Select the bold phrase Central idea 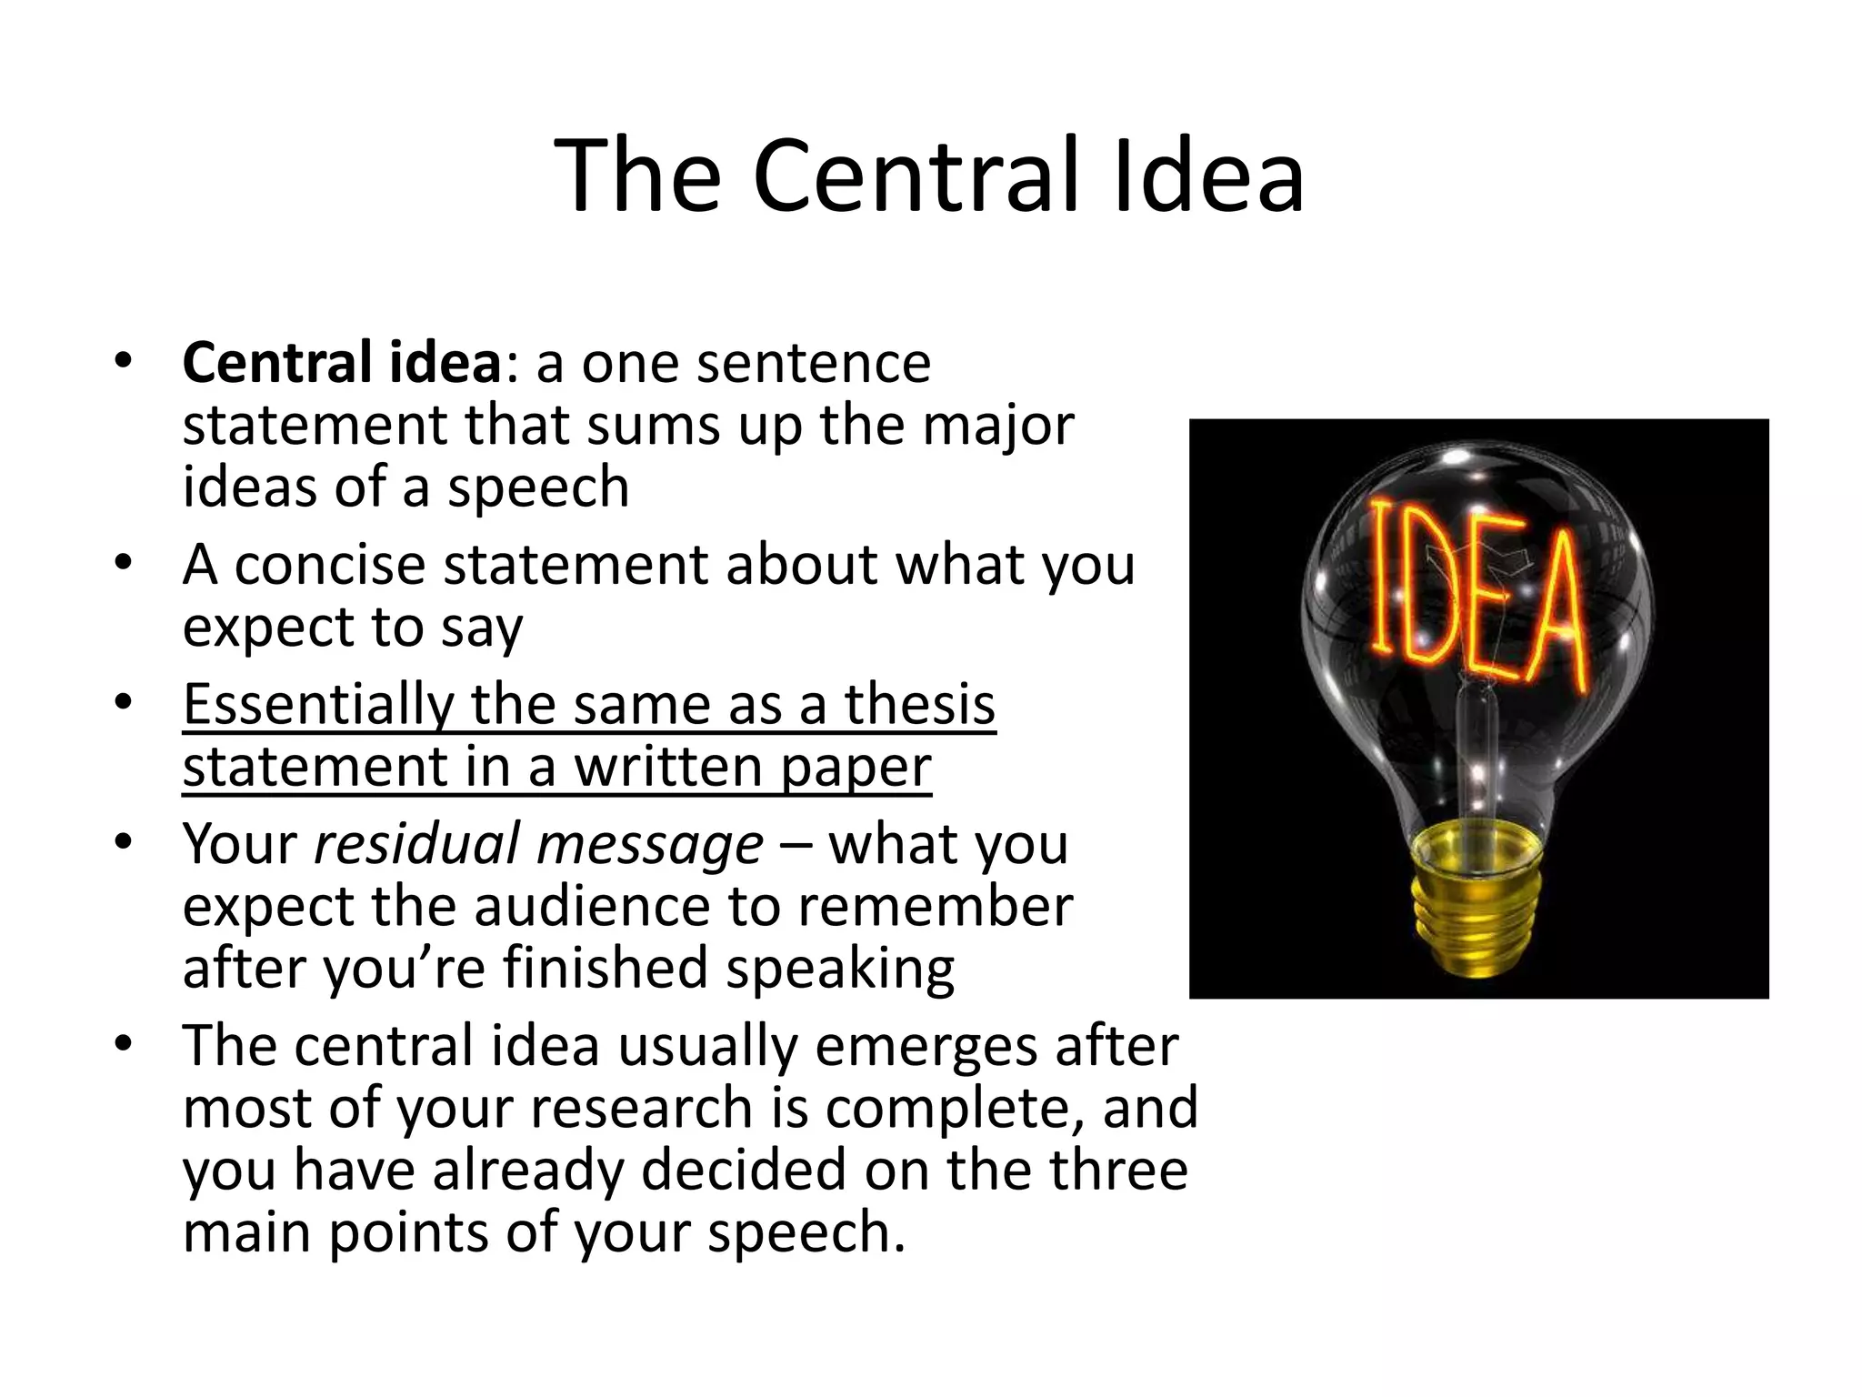[342, 363]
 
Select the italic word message [650, 844]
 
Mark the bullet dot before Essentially [124, 703]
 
